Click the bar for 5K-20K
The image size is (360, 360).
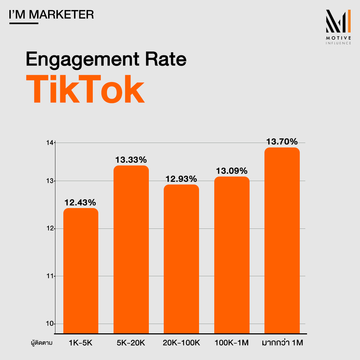tap(131, 249)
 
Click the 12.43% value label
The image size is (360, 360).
tap(81, 202)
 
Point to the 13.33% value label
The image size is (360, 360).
tap(131, 160)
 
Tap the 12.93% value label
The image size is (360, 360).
tap(181, 179)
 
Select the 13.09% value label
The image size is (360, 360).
tap(232, 171)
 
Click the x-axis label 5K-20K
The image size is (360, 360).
tap(131, 343)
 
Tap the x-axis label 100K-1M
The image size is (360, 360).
tap(232, 343)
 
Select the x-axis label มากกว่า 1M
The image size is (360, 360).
tap(282, 343)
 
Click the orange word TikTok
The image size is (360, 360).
tap(85, 90)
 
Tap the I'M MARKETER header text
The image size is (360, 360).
tap(51, 15)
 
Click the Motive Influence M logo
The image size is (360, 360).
tap(339, 21)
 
